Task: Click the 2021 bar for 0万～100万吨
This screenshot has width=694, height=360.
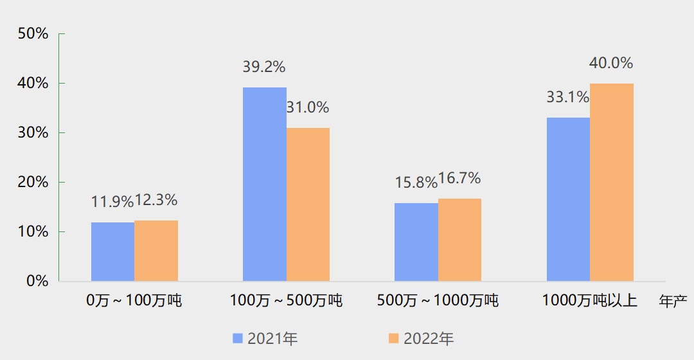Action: click(x=112, y=251)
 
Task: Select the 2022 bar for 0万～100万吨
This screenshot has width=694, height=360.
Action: click(x=156, y=251)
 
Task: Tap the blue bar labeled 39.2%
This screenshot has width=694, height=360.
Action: click(x=264, y=184)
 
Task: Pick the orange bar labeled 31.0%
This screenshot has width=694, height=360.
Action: click(x=308, y=204)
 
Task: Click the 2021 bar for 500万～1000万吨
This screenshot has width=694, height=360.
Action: click(x=416, y=242)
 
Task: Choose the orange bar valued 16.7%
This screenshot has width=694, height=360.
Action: click(x=459, y=240)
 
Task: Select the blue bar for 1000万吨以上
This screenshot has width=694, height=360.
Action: click(x=568, y=199)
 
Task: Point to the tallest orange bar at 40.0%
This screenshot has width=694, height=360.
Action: click(x=612, y=182)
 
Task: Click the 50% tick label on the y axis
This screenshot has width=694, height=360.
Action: click(x=33, y=34)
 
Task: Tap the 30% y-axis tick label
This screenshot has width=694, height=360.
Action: click(x=33, y=132)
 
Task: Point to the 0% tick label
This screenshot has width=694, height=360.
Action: click(x=37, y=281)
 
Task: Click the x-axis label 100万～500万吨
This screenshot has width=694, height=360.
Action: click(x=286, y=300)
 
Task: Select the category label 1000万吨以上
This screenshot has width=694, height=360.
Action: click(x=589, y=300)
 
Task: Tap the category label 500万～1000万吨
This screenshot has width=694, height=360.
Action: click(x=438, y=300)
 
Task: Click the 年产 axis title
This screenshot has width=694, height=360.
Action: click(x=673, y=301)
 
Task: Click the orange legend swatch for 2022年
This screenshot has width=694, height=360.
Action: click(x=394, y=338)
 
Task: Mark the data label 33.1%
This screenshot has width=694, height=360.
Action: click(x=567, y=98)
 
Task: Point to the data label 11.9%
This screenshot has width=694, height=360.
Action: click(x=112, y=202)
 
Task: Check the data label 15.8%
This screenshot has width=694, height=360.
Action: click(x=416, y=183)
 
